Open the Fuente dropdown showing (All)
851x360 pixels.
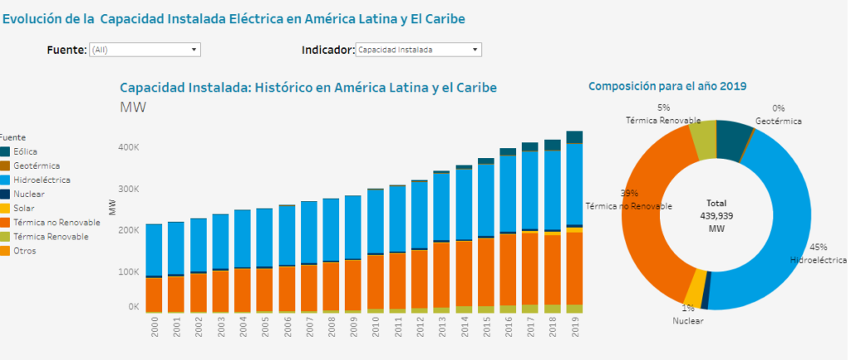145,50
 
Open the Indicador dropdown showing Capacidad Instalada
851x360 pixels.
418,50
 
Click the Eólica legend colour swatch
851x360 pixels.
5,151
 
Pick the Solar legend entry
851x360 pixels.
24,208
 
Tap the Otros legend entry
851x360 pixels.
25,250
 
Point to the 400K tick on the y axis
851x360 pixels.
128,147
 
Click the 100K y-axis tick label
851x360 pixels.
128,271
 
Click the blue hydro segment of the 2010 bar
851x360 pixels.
376,221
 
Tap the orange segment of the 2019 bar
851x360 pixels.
573,266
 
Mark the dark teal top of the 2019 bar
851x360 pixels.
573,137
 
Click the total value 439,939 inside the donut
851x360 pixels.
716,214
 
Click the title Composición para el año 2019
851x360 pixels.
667,86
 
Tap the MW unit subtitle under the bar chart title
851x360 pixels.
133,106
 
